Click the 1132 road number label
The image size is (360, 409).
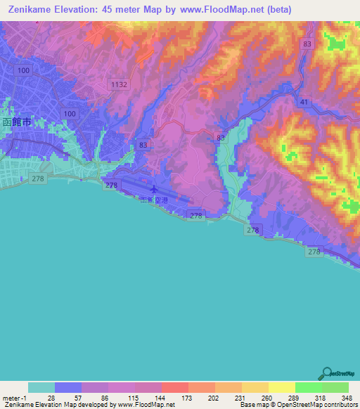[x=118, y=84]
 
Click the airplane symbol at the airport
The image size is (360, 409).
[x=154, y=189]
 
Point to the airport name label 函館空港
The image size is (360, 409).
[x=154, y=200]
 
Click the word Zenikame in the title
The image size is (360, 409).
[x=32, y=10]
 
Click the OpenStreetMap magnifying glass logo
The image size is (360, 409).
[x=326, y=372]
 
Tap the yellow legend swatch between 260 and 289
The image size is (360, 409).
[x=281, y=387]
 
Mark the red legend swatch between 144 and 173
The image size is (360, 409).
[x=174, y=387]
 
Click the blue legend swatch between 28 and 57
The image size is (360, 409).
[x=68, y=387]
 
